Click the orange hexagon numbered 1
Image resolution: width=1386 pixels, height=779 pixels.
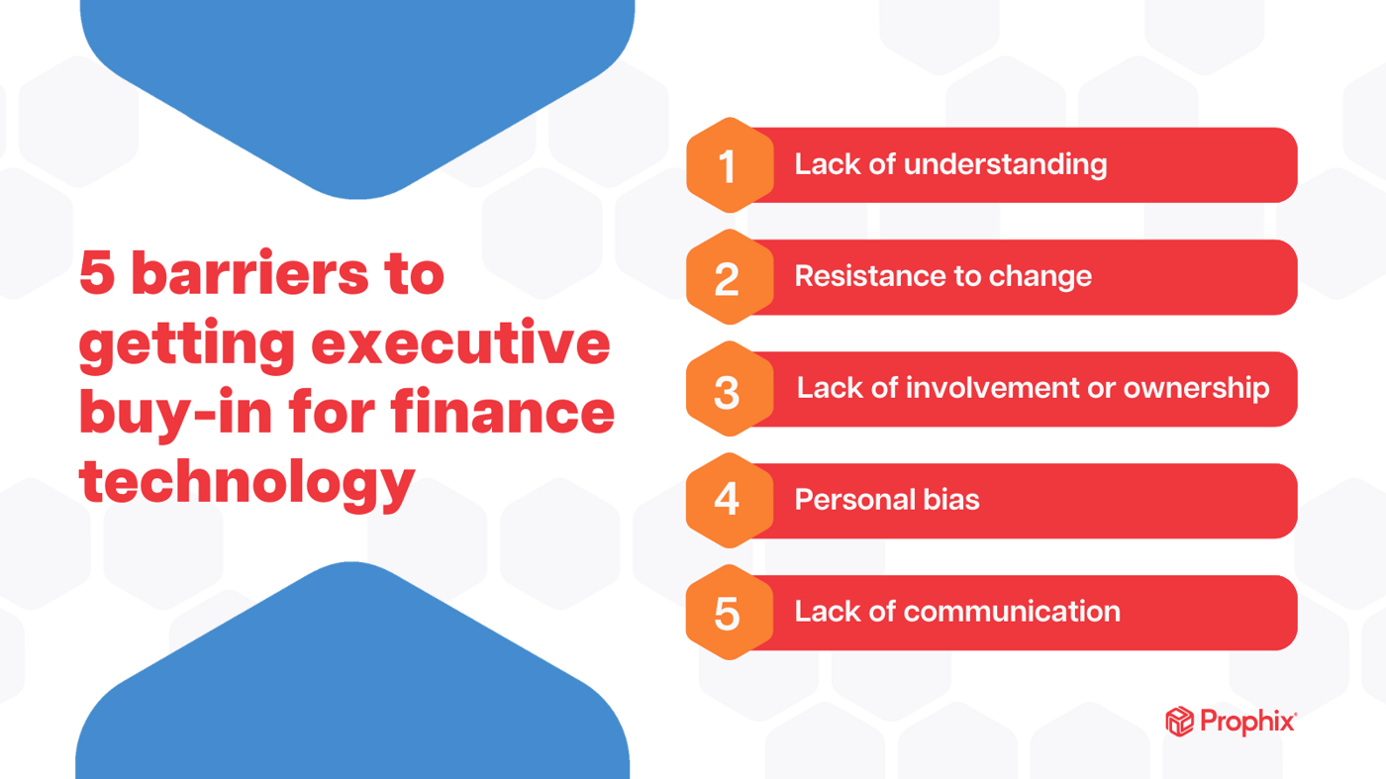[729, 165]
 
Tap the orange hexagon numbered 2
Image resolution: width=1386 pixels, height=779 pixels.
[729, 277]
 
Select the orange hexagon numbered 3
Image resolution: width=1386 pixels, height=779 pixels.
[729, 389]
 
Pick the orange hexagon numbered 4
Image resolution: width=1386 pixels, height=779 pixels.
[729, 500]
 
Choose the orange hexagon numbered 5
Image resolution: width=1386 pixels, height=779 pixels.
[729, 612]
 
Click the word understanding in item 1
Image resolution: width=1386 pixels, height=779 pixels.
[1006, 164]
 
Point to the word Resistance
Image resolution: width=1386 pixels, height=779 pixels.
[858, 275]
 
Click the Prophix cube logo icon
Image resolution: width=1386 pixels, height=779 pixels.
[1178, 722]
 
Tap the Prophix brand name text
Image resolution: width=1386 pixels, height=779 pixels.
[1247, 722]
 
